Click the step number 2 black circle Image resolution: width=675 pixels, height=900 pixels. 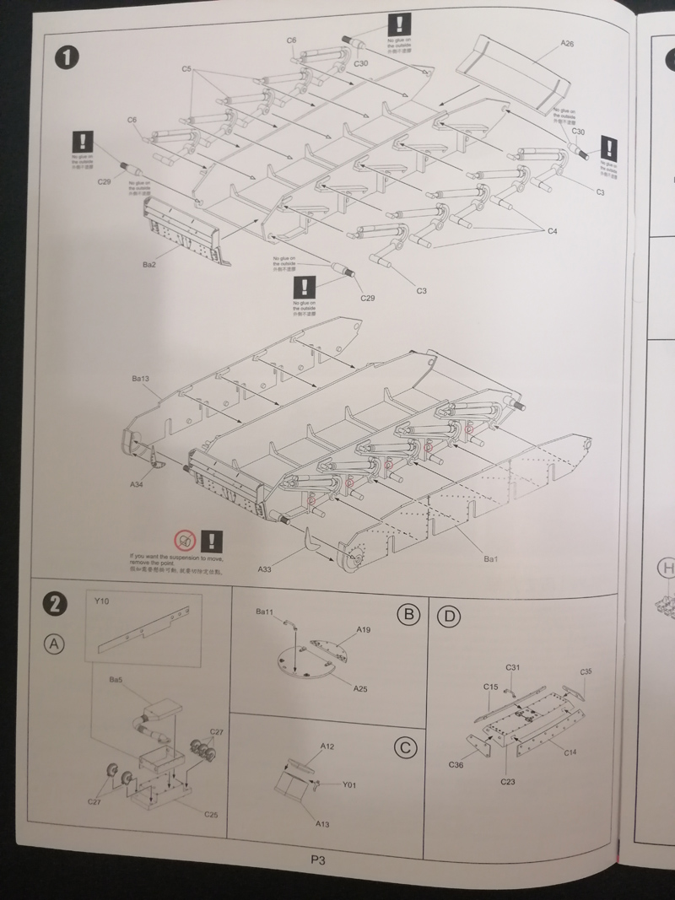(54, 604)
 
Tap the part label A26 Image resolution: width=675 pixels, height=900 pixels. (566, 44)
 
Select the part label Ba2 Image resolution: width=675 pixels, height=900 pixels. (149, 264)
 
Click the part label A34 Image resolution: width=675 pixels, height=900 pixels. (137, 485)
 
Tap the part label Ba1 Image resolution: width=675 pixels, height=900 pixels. (492, 559)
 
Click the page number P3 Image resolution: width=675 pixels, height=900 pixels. (318, 860)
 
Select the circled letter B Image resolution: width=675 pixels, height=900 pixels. (408, 615)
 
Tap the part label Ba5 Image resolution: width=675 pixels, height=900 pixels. (116, 679)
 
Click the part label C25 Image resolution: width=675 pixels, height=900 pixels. (211, 815)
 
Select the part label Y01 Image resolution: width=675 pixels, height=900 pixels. (350, 784)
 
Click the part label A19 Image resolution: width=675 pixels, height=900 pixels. (364, 630)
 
